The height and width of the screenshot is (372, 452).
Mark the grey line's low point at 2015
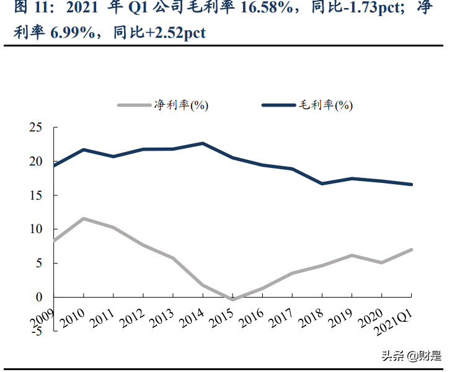click(x=233, y=299)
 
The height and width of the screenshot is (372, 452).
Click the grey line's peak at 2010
click(x=84, y=218)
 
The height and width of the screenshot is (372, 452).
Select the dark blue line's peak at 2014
click(x=203, y=143)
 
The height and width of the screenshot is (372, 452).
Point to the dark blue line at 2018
click(x=322, y=184)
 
